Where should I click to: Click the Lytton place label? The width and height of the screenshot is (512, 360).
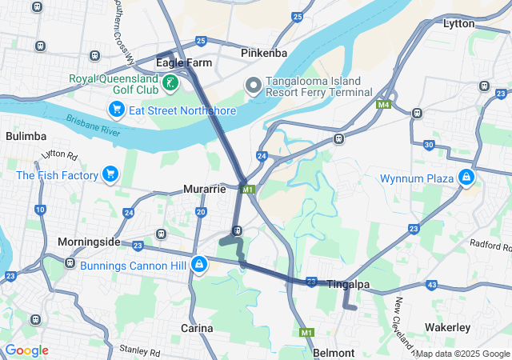(x=458, y=24)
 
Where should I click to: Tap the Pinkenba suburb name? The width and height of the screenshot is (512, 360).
(x=265, y=53)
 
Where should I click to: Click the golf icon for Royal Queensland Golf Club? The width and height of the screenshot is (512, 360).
(x=170, y=82)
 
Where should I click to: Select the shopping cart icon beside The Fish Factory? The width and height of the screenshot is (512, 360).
(x=110, y=174)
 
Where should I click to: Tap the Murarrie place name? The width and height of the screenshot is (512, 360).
(x=205, y=190)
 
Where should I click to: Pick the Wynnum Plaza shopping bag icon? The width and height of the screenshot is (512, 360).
(x=466, y=177)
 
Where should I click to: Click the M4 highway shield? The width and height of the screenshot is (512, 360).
(x=385, y=105)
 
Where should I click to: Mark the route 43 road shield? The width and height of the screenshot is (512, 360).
(x=432, y=284)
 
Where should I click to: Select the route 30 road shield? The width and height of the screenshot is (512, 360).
(x=430, y=145)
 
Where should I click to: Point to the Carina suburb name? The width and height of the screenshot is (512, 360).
(x=197, y=328)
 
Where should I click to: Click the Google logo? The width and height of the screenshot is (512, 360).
(x=26, y=350)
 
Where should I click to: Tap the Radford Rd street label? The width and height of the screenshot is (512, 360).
(x=490, y=244)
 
